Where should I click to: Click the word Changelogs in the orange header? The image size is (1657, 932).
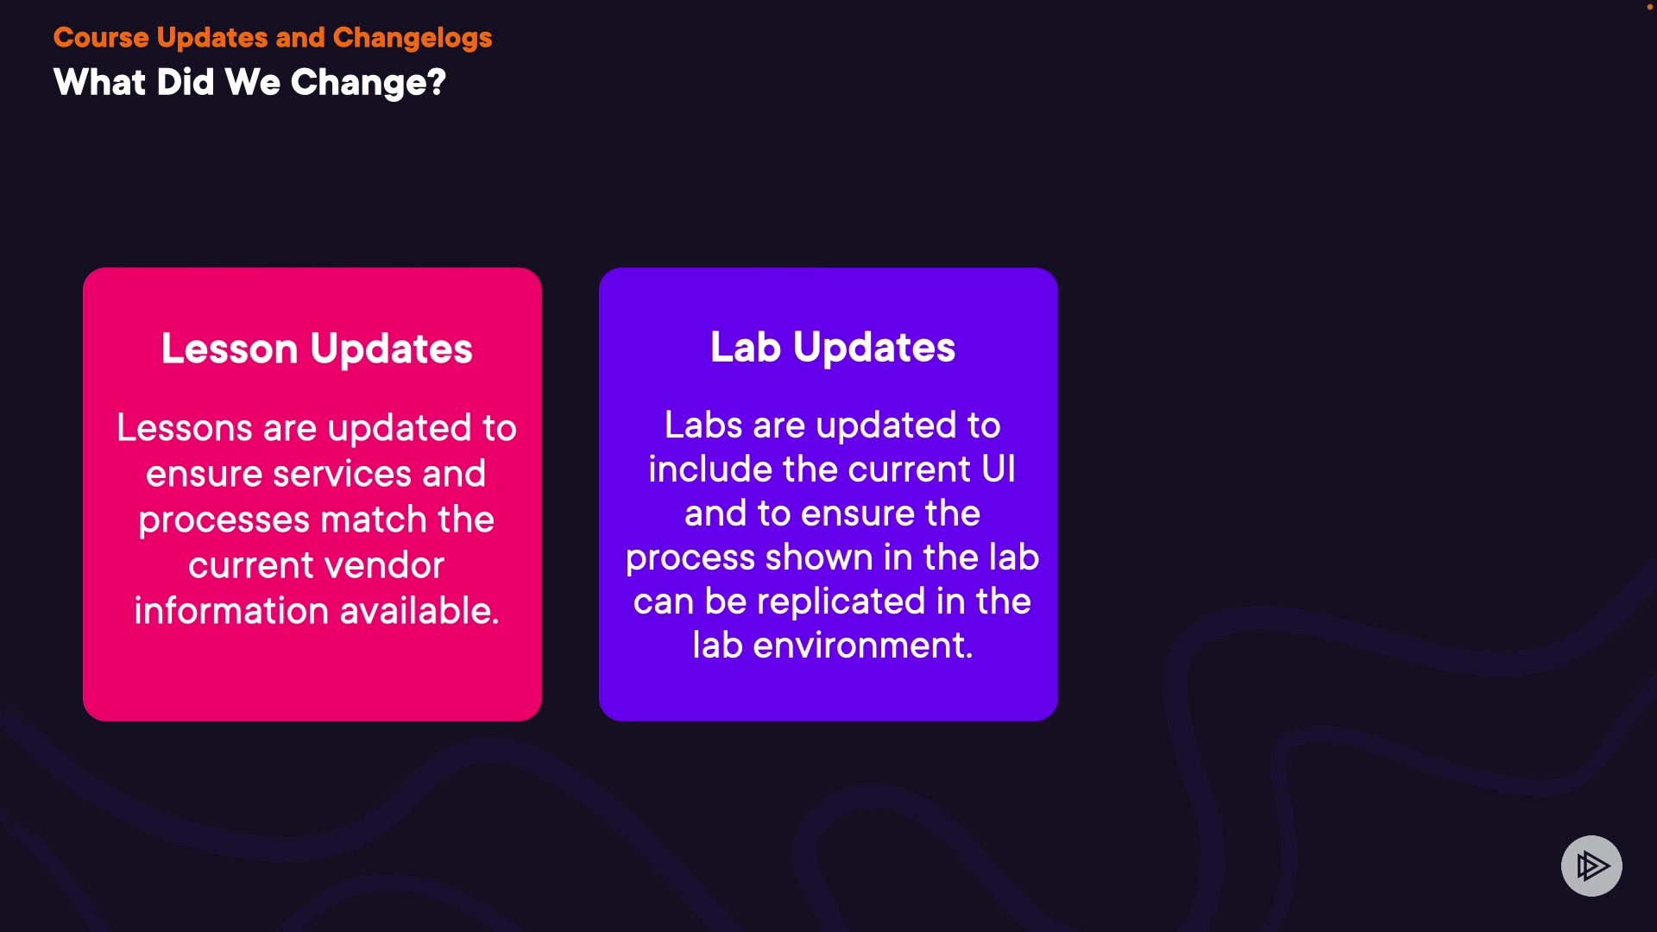pos(413,38)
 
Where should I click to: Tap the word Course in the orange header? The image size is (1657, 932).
pos(101,38)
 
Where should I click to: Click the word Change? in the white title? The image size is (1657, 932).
pos(369,83)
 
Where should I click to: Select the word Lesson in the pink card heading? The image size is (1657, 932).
pos(230,349)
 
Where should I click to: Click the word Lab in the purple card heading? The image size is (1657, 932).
pos(746,347)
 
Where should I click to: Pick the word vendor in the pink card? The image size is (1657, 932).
pos(381,565)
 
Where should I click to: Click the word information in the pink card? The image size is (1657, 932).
pos(230,611)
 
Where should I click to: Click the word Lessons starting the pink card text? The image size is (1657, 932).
pos(185,428)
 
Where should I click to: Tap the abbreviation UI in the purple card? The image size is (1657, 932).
pos(999,469)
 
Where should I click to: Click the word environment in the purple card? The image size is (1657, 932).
pos(862,645)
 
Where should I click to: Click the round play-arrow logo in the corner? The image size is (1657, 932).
pos(1591,866)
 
